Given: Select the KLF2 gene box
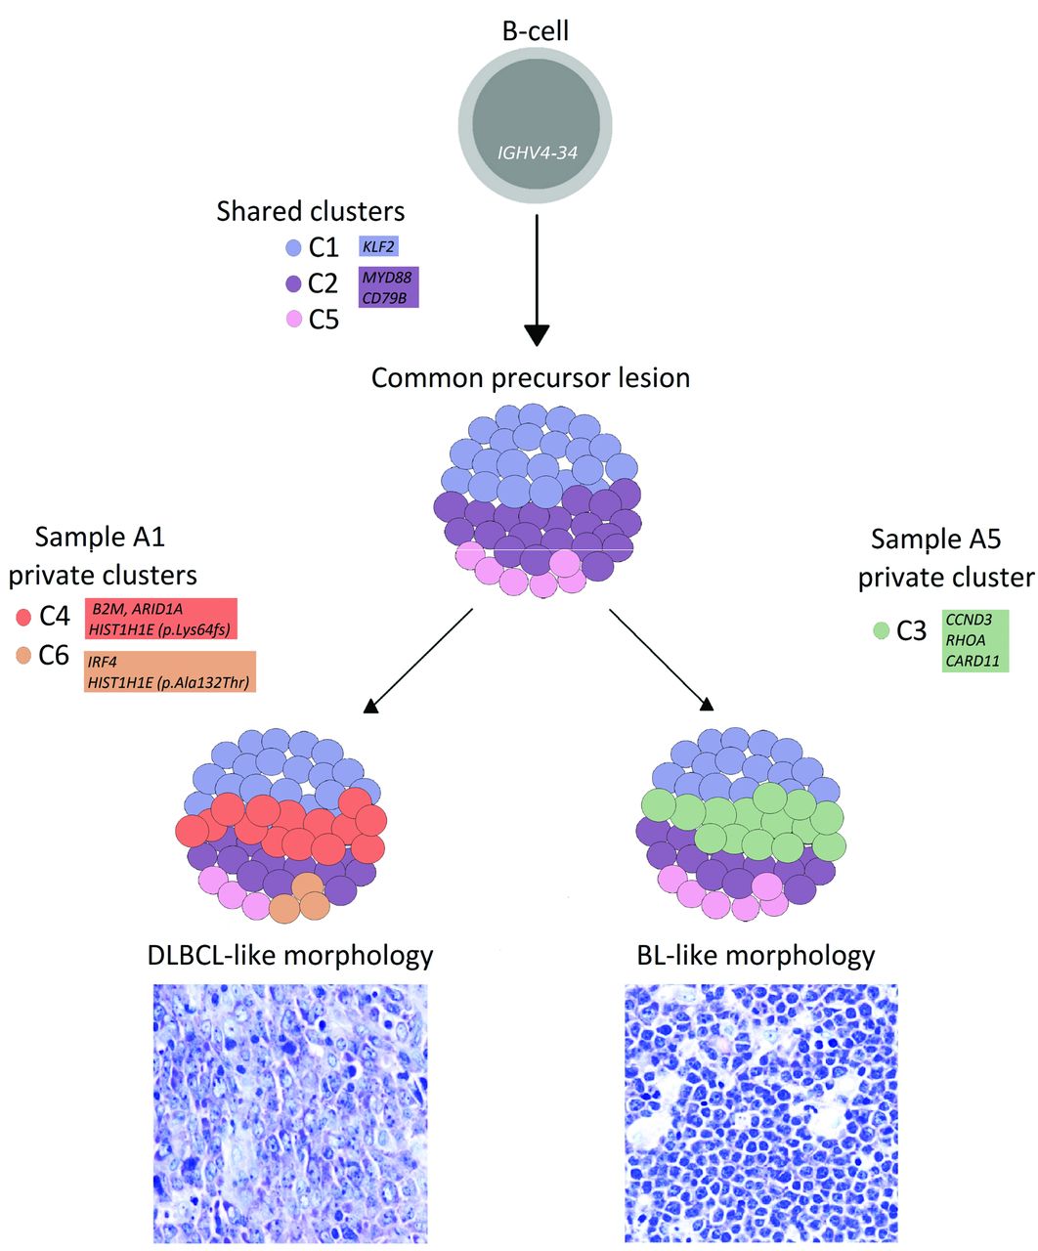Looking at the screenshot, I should point(379,247).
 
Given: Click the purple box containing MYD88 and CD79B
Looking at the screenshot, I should point(389,286).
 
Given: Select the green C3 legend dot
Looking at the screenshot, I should point(882,631).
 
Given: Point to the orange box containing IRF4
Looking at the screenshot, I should point(169,671).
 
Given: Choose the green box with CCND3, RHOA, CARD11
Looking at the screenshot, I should point(974,641).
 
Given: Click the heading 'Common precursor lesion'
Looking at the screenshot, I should point(531,377).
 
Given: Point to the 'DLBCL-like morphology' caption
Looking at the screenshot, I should point(289,954).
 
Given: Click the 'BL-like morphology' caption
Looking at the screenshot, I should point(756,954).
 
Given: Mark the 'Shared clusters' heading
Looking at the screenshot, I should point(311,211).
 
